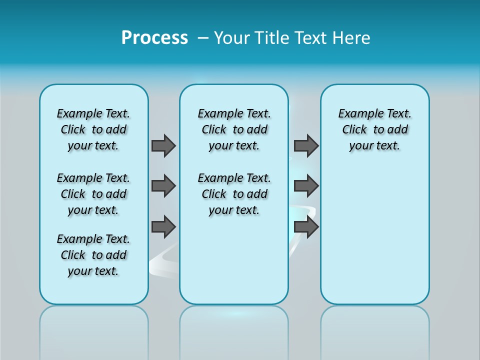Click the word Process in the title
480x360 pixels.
click(154, 38)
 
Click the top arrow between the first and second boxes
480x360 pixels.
click(163, 145)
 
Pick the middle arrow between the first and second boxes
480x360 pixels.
click(163, 186)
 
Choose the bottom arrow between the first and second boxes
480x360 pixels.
click(163, 227)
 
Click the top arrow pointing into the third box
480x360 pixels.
click(306, 145)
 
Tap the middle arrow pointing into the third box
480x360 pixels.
click(306, 186)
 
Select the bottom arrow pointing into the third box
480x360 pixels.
click(306, 227)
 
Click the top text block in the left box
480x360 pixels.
click(93, 129)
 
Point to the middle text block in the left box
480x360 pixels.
click(93, 194)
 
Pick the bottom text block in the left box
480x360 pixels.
click(93, 255)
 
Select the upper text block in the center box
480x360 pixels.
click(234, 129)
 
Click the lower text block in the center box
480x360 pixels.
click(234, 194)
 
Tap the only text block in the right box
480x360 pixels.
click(375, 129)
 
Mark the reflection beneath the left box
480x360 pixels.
click(94, 330)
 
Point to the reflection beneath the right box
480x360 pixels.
click(375, 330)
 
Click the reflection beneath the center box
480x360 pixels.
click(234, 330)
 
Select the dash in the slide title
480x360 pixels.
click(203, 38)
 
